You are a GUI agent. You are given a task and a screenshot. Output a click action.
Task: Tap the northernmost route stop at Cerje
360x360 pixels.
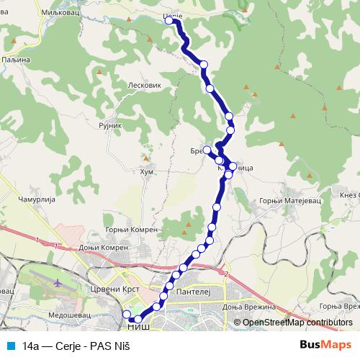tap(171, 21)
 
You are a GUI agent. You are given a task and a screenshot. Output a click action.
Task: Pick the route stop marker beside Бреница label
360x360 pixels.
tap(207, 150)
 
